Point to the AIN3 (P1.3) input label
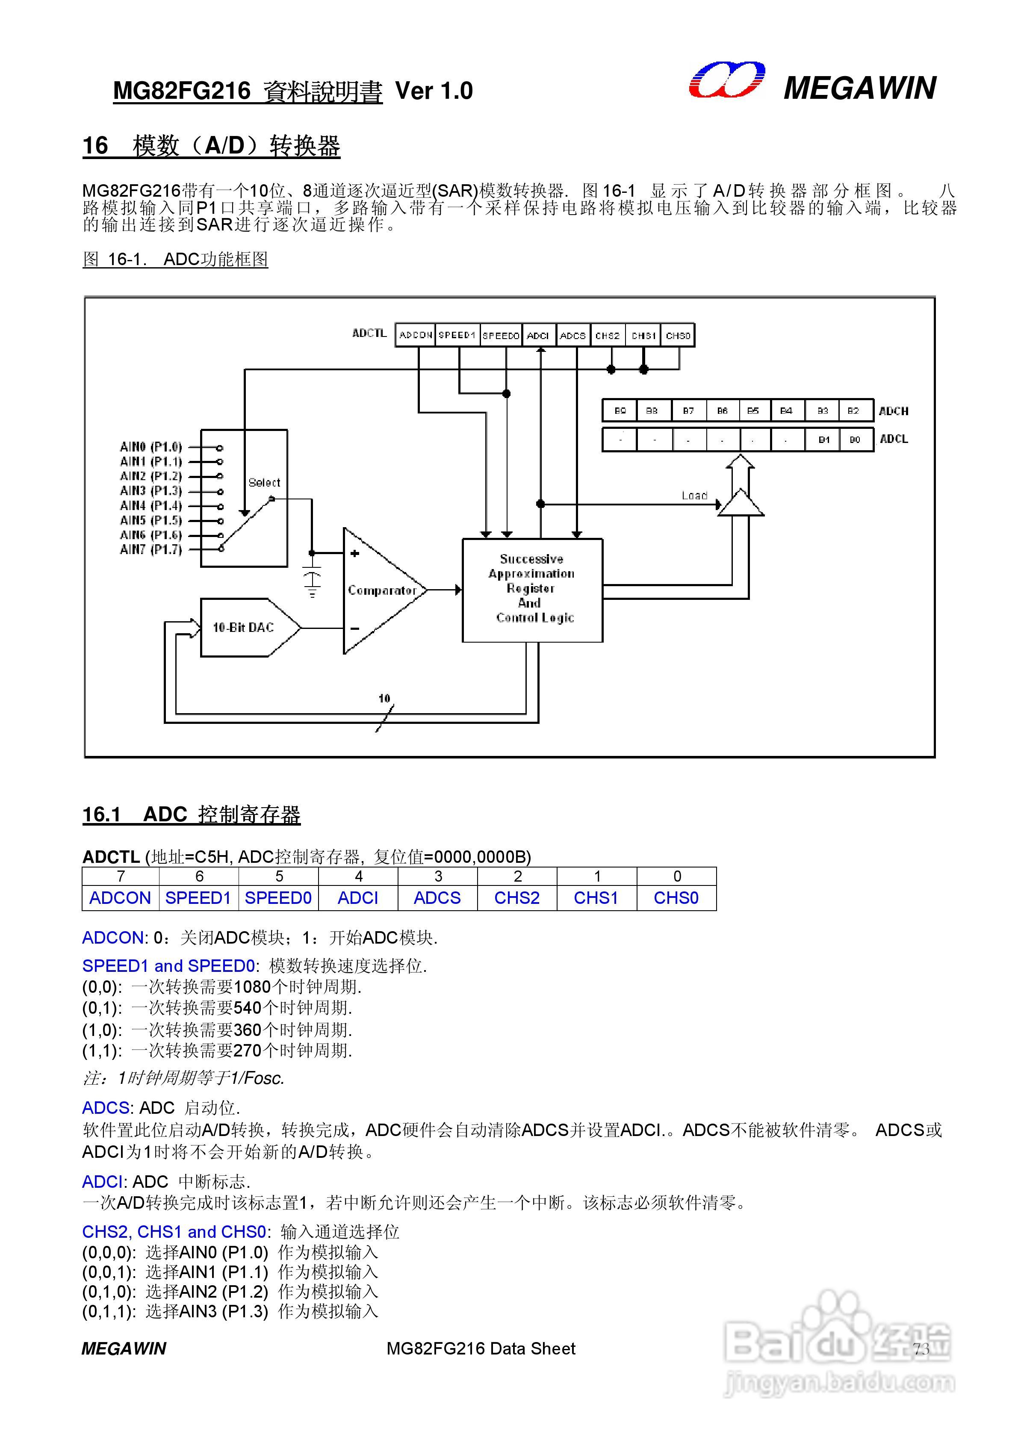point(150,490)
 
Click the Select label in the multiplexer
point(264,482)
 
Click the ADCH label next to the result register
point(893,411)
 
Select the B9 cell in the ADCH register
point(620,411)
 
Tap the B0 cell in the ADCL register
point(855,440)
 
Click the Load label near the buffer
point(694,496)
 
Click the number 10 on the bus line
point(384,698)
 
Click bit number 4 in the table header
point(358,876)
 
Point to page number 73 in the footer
point(921,1349)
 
